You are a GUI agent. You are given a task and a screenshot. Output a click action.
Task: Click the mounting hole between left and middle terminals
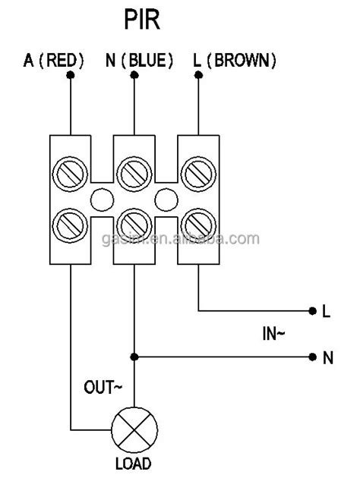102,200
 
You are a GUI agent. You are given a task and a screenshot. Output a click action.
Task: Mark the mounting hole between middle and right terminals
166,200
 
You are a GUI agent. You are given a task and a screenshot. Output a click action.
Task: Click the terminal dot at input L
312,311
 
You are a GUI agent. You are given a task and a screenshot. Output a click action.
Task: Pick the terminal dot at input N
312,357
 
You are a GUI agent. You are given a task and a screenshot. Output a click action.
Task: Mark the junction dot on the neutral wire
134,357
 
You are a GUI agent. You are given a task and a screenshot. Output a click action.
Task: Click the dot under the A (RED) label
70,77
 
